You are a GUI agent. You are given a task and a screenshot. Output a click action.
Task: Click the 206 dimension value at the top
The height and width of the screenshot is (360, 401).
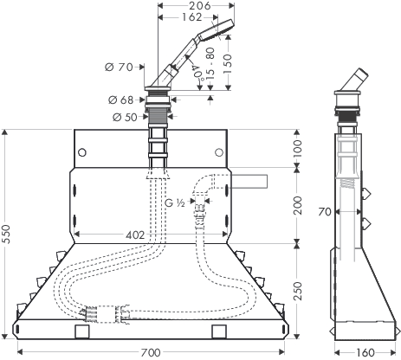[200, 5]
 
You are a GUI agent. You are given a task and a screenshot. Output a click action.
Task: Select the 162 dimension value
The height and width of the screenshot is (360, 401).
[192, 17]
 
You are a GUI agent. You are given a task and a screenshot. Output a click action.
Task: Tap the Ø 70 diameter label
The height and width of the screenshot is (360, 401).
[119, 67]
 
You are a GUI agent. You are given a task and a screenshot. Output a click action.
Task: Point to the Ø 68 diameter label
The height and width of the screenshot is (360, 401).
[121, 100]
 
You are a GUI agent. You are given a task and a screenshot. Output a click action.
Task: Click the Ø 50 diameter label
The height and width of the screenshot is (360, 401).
[125, 117]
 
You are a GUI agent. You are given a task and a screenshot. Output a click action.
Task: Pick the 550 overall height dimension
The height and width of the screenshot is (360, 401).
[6, 234]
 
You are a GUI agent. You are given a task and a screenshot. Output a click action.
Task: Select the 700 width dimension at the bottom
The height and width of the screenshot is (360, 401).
[151, 352]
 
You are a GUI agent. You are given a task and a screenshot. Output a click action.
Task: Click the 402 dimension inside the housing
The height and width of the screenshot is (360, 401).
[135, 235]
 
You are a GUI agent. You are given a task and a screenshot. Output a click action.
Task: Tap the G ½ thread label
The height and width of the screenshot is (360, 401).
[175, 203]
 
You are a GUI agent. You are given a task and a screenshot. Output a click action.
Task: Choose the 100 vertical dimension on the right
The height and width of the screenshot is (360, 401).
[298, 148]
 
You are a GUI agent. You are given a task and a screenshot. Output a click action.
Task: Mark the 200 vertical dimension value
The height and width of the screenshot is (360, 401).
[298, 205]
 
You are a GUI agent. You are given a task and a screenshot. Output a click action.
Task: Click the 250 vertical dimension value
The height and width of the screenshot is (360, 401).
[298, 292]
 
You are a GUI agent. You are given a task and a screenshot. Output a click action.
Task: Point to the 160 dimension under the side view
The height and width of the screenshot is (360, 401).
[365, 352]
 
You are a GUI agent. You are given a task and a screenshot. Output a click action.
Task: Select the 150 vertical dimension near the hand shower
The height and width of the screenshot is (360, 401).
[228, 63]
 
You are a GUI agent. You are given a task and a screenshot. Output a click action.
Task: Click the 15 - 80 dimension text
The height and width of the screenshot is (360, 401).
[210, 64]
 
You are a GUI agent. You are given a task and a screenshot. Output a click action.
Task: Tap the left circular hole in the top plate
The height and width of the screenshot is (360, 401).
[82, 152]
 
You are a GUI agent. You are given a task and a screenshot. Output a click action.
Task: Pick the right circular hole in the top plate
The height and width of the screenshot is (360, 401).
[219, 152]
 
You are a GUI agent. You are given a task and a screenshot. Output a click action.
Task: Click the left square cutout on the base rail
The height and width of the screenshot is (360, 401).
[82, 331]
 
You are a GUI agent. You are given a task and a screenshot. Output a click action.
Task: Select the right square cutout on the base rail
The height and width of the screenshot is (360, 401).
[219, 331]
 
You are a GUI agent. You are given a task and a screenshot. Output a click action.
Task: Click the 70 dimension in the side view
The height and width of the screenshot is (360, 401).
[325, 212]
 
